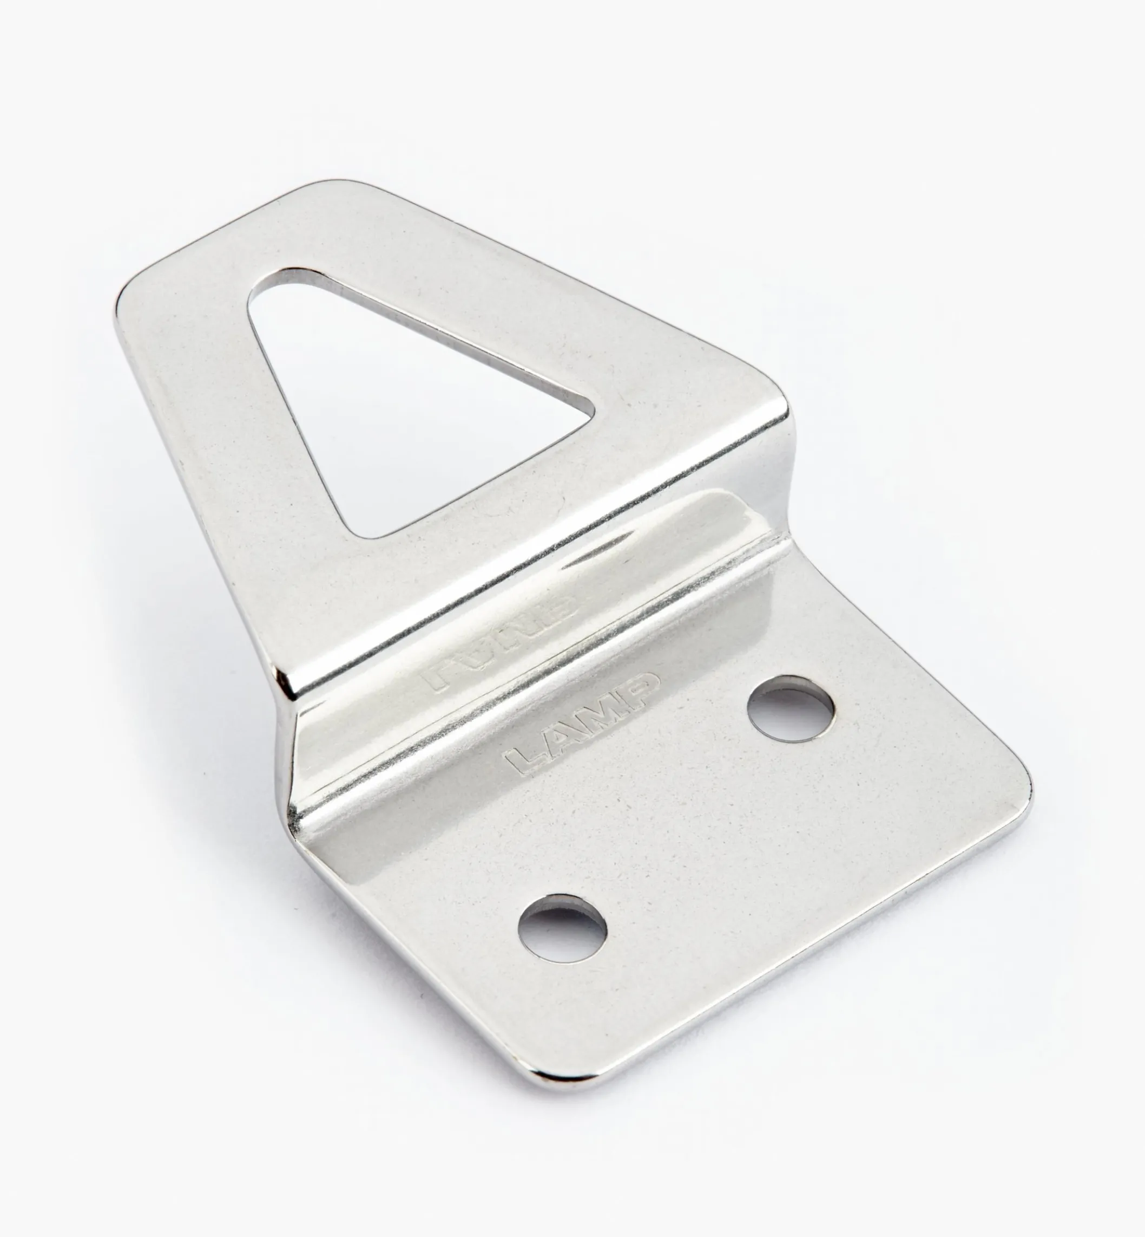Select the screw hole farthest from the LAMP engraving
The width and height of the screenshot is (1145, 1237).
pyautogui.click(x=563, y=930)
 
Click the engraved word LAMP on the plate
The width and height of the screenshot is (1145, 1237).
pyautogui.click(x=583, y=724)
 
